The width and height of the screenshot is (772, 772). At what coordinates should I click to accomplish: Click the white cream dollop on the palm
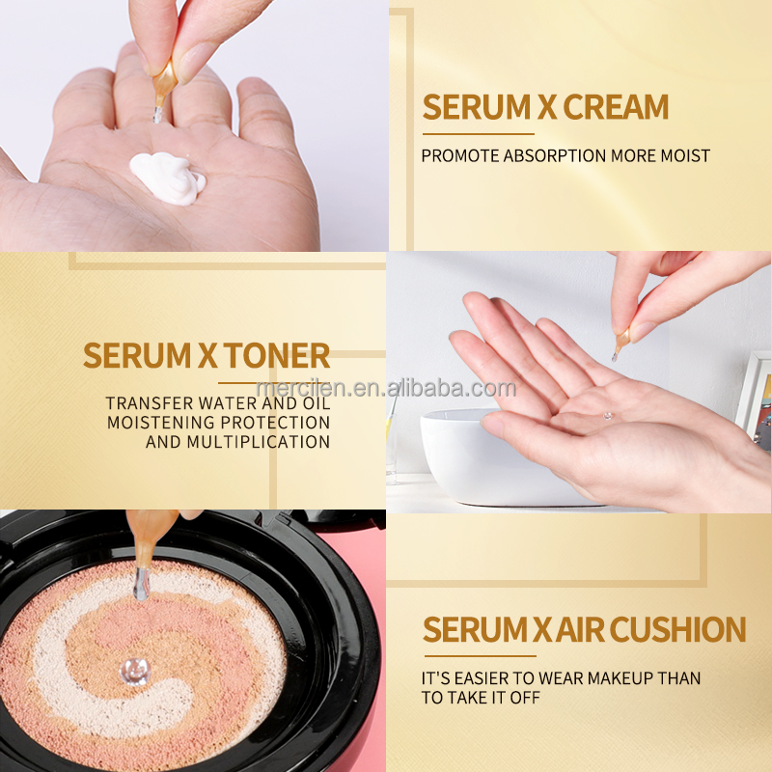click(167, 179)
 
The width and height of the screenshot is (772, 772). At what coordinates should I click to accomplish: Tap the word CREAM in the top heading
click(616, 107)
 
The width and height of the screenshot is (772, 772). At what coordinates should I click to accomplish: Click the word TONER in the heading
click(277, 355)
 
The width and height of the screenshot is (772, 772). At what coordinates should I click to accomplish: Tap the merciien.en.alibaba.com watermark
click(386, 388)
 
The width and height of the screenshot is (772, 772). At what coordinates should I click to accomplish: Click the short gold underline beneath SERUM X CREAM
click(478, 134)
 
